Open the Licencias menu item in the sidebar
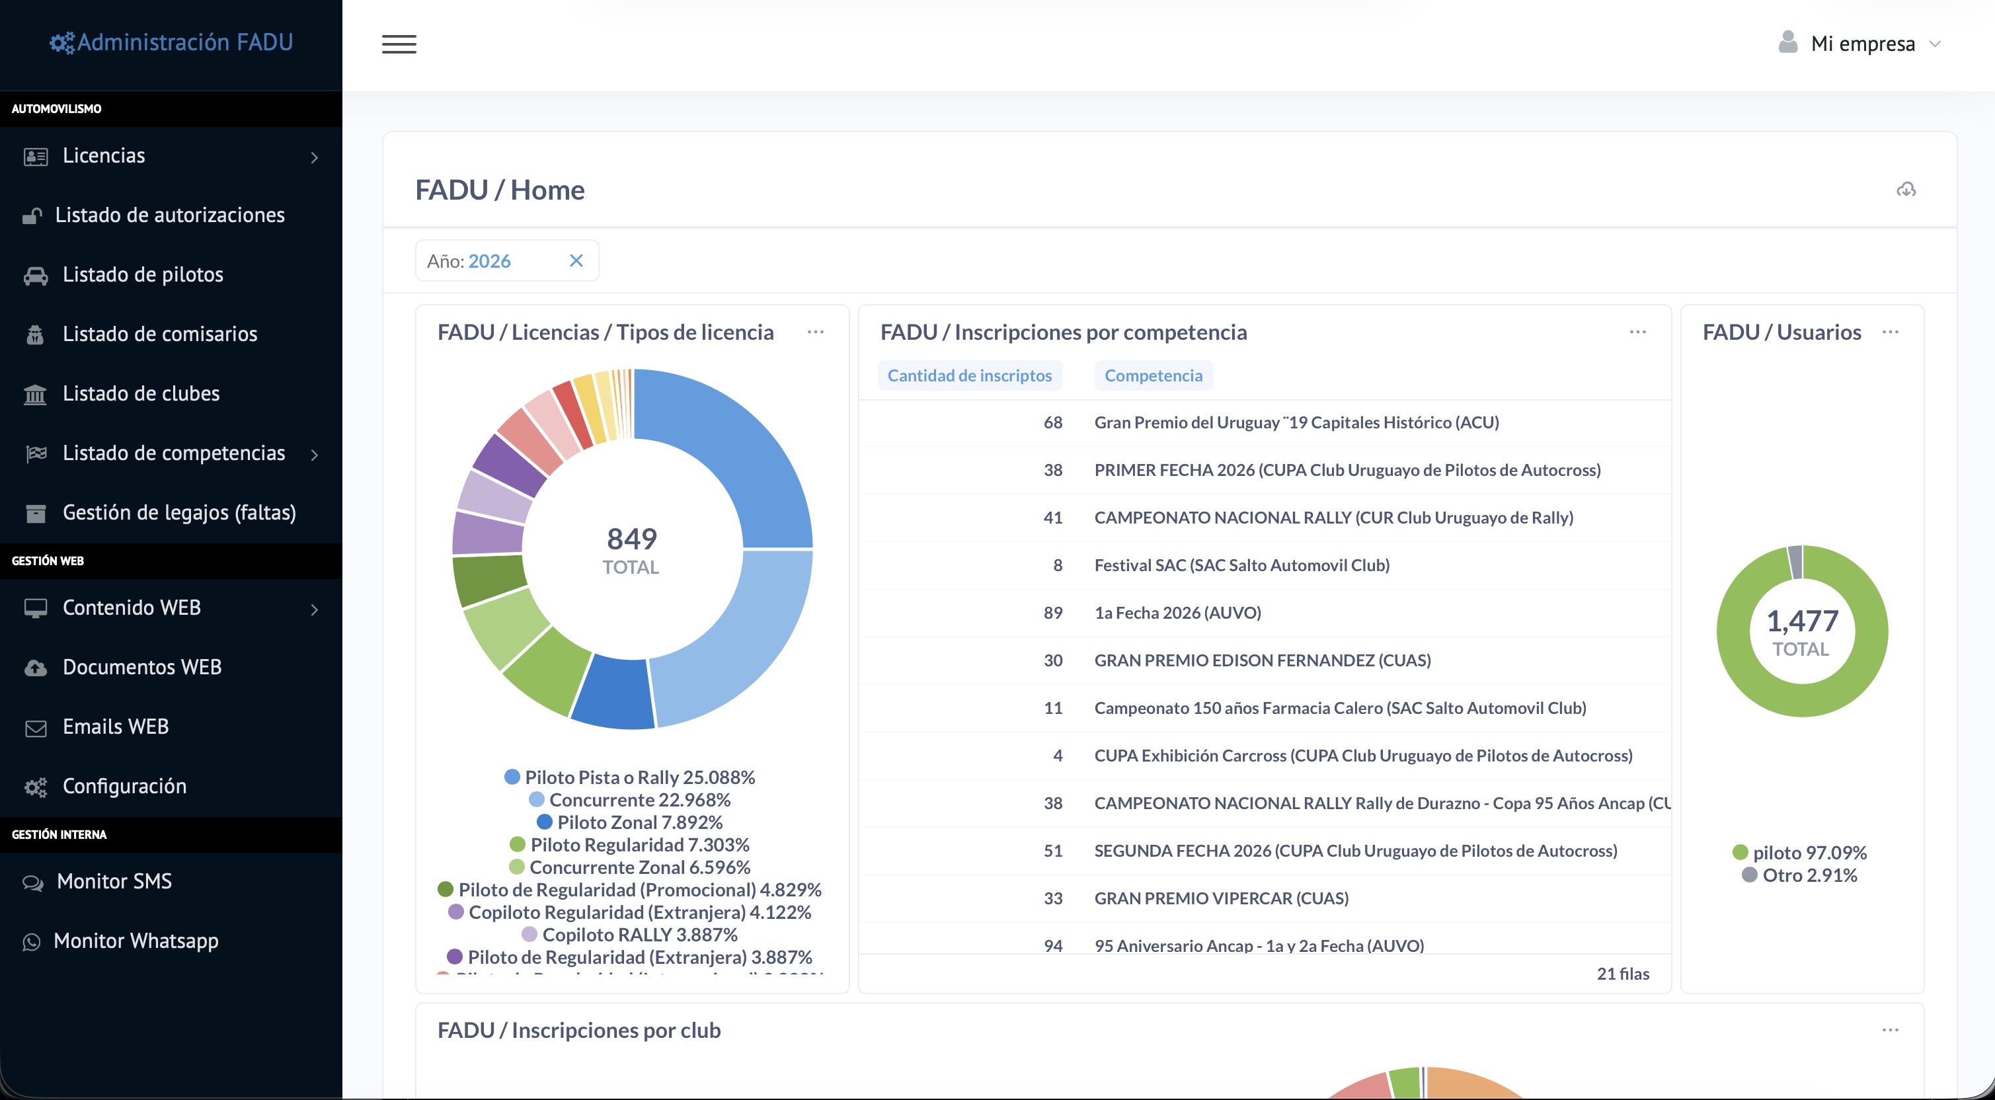pos(104,156)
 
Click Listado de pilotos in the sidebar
pos(143,275)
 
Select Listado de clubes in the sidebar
pos(141,393)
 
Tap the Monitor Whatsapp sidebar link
pos(136,941)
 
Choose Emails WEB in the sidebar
pos(116,727)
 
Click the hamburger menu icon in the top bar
pos(399,44)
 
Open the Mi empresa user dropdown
pos(1861,44)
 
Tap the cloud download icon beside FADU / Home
pos(1906,190)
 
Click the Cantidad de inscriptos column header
pos(970,375)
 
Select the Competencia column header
pos(1153,375)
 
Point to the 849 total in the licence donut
pos(632,538)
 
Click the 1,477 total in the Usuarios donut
pos(1802,621)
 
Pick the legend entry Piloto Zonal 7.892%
pos(629,822)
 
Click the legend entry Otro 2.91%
pos(1800,875)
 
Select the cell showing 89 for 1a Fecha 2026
pos(1052,613)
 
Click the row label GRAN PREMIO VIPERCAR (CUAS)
pos(1222,898)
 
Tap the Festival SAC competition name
pos(1241,565)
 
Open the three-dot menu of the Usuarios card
pos(1891,333)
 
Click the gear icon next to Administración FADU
pos(62,42)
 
